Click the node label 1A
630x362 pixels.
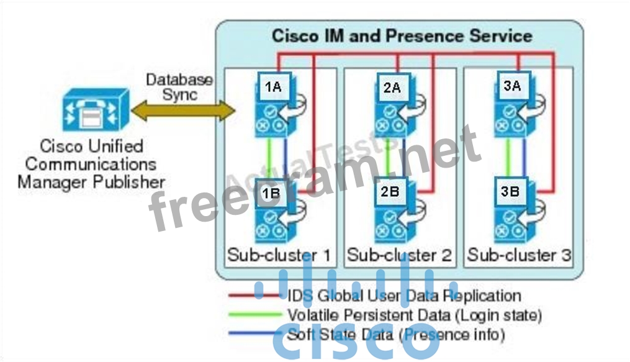[272, 88]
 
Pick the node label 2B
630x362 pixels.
[390, 192]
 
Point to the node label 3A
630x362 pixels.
[511, 86]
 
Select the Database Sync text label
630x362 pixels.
[179, 88]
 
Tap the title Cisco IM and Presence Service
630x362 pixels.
[402, 35]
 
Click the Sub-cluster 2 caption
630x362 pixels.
[399, 255]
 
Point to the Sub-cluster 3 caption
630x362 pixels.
[520, 255]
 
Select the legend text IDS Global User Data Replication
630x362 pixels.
[404, 296]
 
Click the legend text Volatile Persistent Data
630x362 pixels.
[415, 315]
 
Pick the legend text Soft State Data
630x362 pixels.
[397, 335]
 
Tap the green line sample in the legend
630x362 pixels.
[254, 315]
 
